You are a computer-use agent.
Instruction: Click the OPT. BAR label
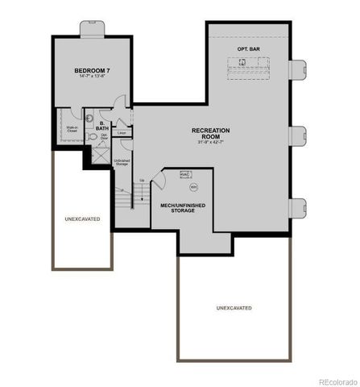pyautogui.click(x=248, y=50)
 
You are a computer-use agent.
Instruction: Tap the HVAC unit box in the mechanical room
pyautogui.click(x=184, y=174)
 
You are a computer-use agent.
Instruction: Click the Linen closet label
pyautogui.click(x=122, y=133)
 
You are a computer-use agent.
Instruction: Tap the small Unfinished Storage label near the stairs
pyautogui.click(x=122, y=163)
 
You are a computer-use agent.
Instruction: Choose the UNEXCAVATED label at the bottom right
pyautogui.click(x=234, y=308)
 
